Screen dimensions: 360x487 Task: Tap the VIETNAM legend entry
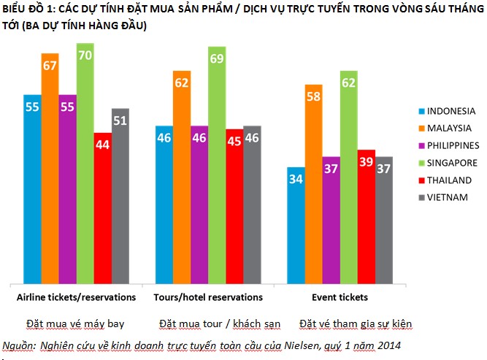444,197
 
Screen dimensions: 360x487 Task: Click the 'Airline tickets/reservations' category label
76,298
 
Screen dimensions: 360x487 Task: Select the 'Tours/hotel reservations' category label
208,298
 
